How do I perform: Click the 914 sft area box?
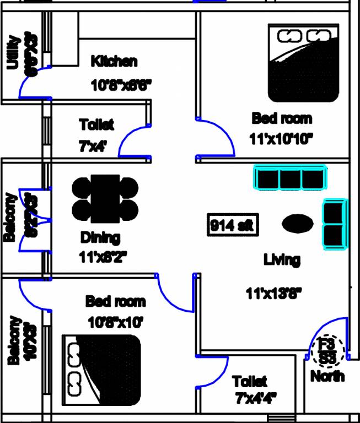[232, 225]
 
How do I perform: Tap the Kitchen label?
[114, 61]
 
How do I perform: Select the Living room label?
[281, 259]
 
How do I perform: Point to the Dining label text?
[100, 238]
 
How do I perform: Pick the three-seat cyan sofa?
[290, 178]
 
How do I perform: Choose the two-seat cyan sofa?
[335, 224]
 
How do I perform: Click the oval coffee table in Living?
[298, 224]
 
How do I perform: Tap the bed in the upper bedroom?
[303, 62]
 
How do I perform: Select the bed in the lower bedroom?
[101, 367]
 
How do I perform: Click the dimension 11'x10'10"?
[281, 138]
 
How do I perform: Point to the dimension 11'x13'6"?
[274, 294]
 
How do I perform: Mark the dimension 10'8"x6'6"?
[121, 85]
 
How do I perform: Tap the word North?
[327, 376]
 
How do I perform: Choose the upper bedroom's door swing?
[218, 135]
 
